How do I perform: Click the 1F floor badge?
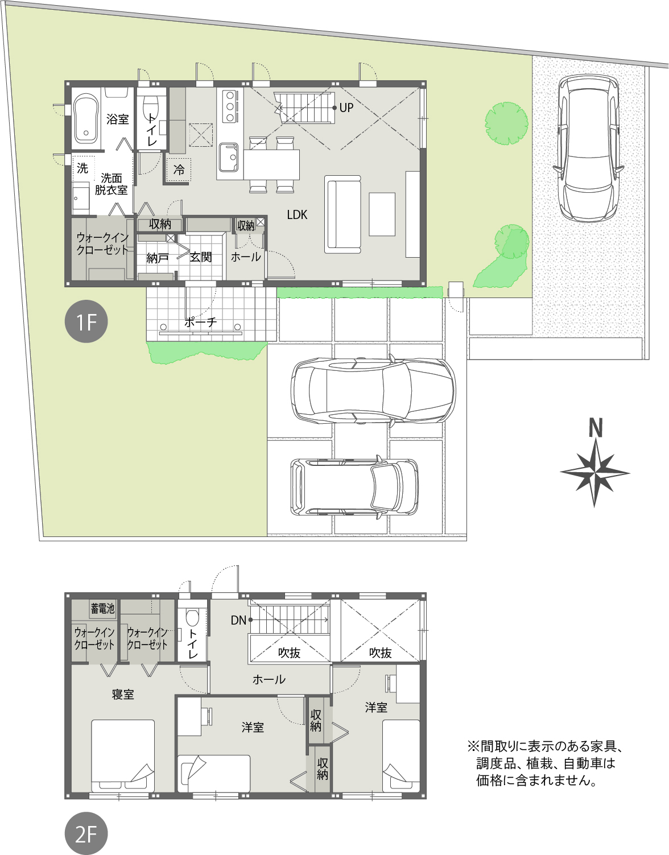point(86,321)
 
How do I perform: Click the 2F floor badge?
point(86,833)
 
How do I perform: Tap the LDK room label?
point(297,214)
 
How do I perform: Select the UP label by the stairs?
point(346,108)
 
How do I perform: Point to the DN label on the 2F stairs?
point(238,620)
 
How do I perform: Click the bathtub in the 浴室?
point(86,118)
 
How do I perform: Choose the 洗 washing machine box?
point(82,168)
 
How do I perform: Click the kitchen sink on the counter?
point(229,158)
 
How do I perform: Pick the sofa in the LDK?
point(342,214)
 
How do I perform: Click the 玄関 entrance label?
point(201,257)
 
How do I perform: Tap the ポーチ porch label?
point(201,322)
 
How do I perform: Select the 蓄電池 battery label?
point(102,609)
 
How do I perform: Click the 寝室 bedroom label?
point(123,695)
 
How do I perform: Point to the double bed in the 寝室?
point(123,755)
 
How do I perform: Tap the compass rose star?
point(594,473)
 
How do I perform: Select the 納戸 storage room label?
point(158,258)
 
